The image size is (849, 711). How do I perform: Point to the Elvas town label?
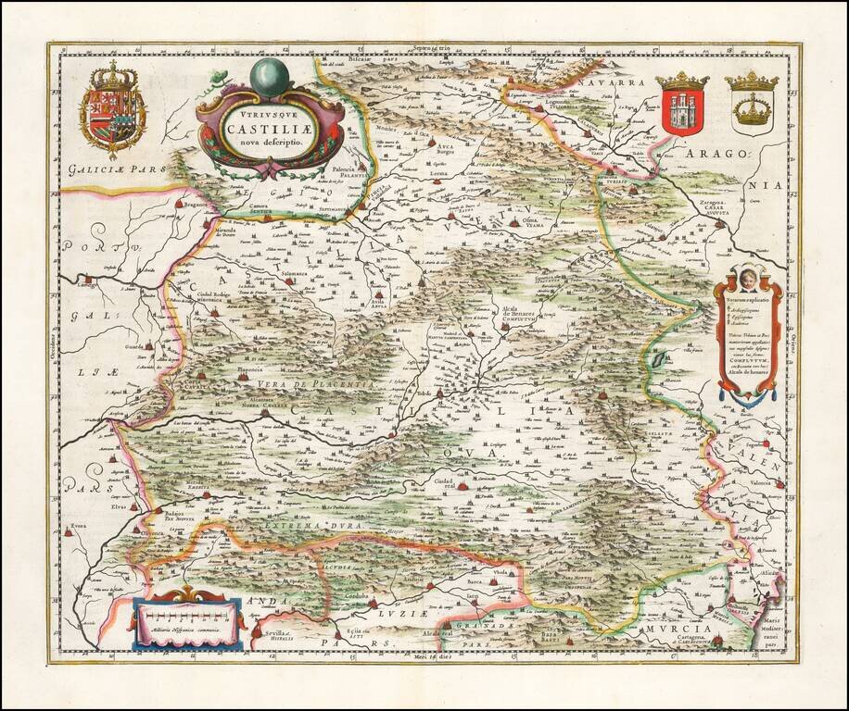[101, 506]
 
